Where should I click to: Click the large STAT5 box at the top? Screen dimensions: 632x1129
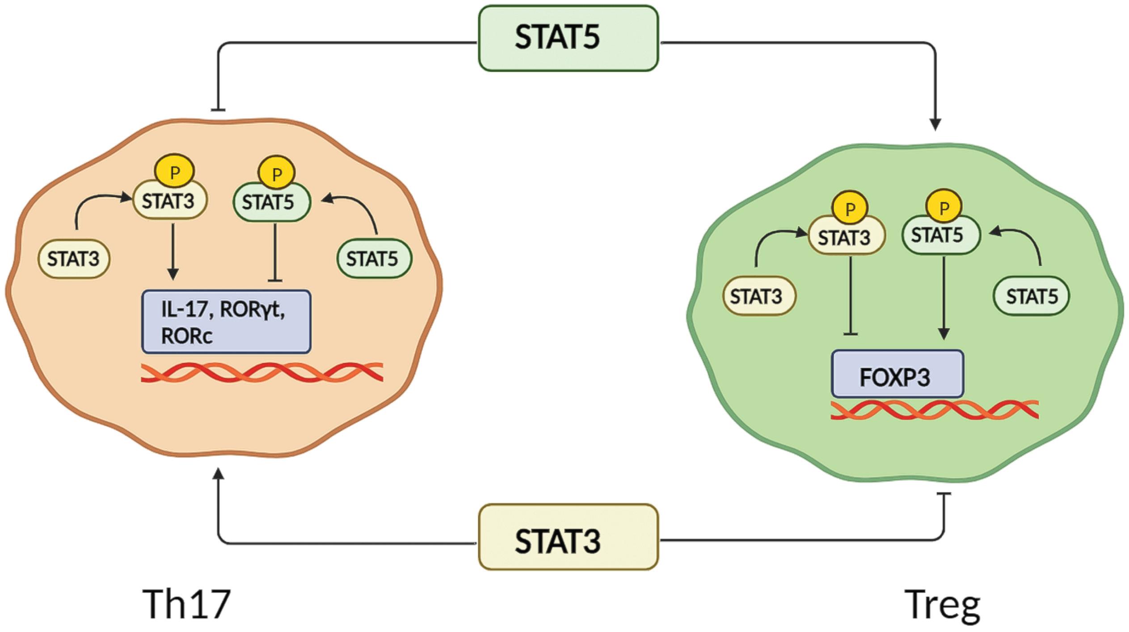tap(568, 38)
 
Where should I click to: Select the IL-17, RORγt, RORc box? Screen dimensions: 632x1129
tap(226, 322)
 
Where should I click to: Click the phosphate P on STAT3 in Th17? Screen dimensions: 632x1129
tap(174, 173)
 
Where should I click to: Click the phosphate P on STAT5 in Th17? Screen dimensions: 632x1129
tap(276, 173)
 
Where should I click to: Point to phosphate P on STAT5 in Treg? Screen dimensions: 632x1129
tap(944, 207)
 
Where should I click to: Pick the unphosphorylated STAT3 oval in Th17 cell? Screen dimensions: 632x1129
tap(74, 259)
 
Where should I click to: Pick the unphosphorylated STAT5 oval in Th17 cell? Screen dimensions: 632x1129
tap(373, 259)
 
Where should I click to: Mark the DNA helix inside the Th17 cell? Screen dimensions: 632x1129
tap(261, 372)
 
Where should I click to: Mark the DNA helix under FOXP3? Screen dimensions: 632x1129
tap(934, 410)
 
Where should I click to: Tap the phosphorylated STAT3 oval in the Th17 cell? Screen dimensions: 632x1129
tap(169, 202)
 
